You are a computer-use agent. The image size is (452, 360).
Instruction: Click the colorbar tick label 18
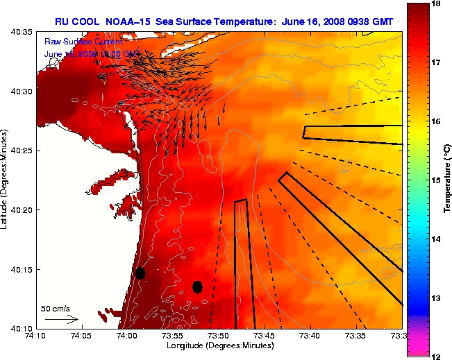[x=436, y=3]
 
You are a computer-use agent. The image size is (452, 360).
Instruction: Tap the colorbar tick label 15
[x=436, y=180]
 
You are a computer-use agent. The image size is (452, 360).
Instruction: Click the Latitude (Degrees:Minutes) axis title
[x=6, y=180]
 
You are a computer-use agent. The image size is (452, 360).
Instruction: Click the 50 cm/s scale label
[x=54, y=308]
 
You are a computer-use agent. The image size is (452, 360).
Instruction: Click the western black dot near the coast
[x=140, y=273]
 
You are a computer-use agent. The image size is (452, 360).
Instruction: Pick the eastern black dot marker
[x=197, y=286]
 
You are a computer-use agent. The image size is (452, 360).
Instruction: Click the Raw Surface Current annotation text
[x=76, y=42]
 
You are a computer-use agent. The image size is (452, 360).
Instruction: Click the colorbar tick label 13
[x=436, y=298]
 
